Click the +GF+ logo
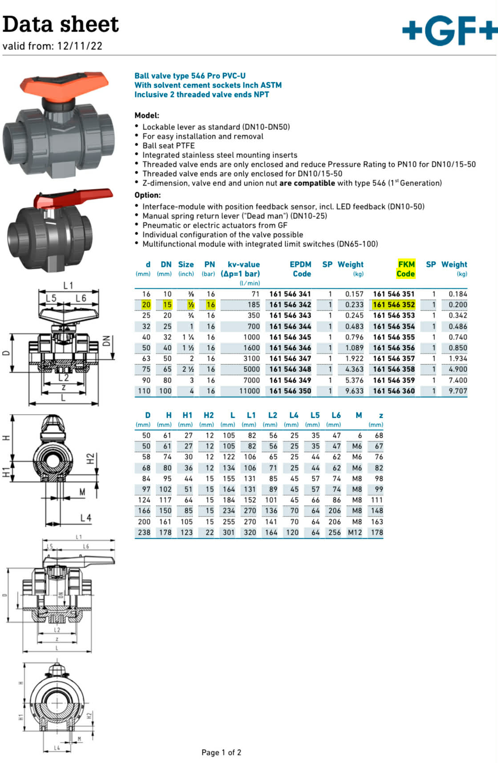tap(449, 30)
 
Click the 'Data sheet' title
tap(61, 24)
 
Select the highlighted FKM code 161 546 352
tap(394, 305)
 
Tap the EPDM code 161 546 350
tap(290, 391)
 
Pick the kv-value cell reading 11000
tap(249, 391)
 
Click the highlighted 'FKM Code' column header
tap(405, 269)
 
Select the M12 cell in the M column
tap(355, 533)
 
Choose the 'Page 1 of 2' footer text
tap(221, 752)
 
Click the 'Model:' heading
tap(146, 115)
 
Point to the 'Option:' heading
tap(147, 195)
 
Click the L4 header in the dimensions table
tap(293, 415)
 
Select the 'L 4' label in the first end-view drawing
tap(85, 518)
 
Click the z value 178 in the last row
tap(377, 533)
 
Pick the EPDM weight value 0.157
tap(354, 294)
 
